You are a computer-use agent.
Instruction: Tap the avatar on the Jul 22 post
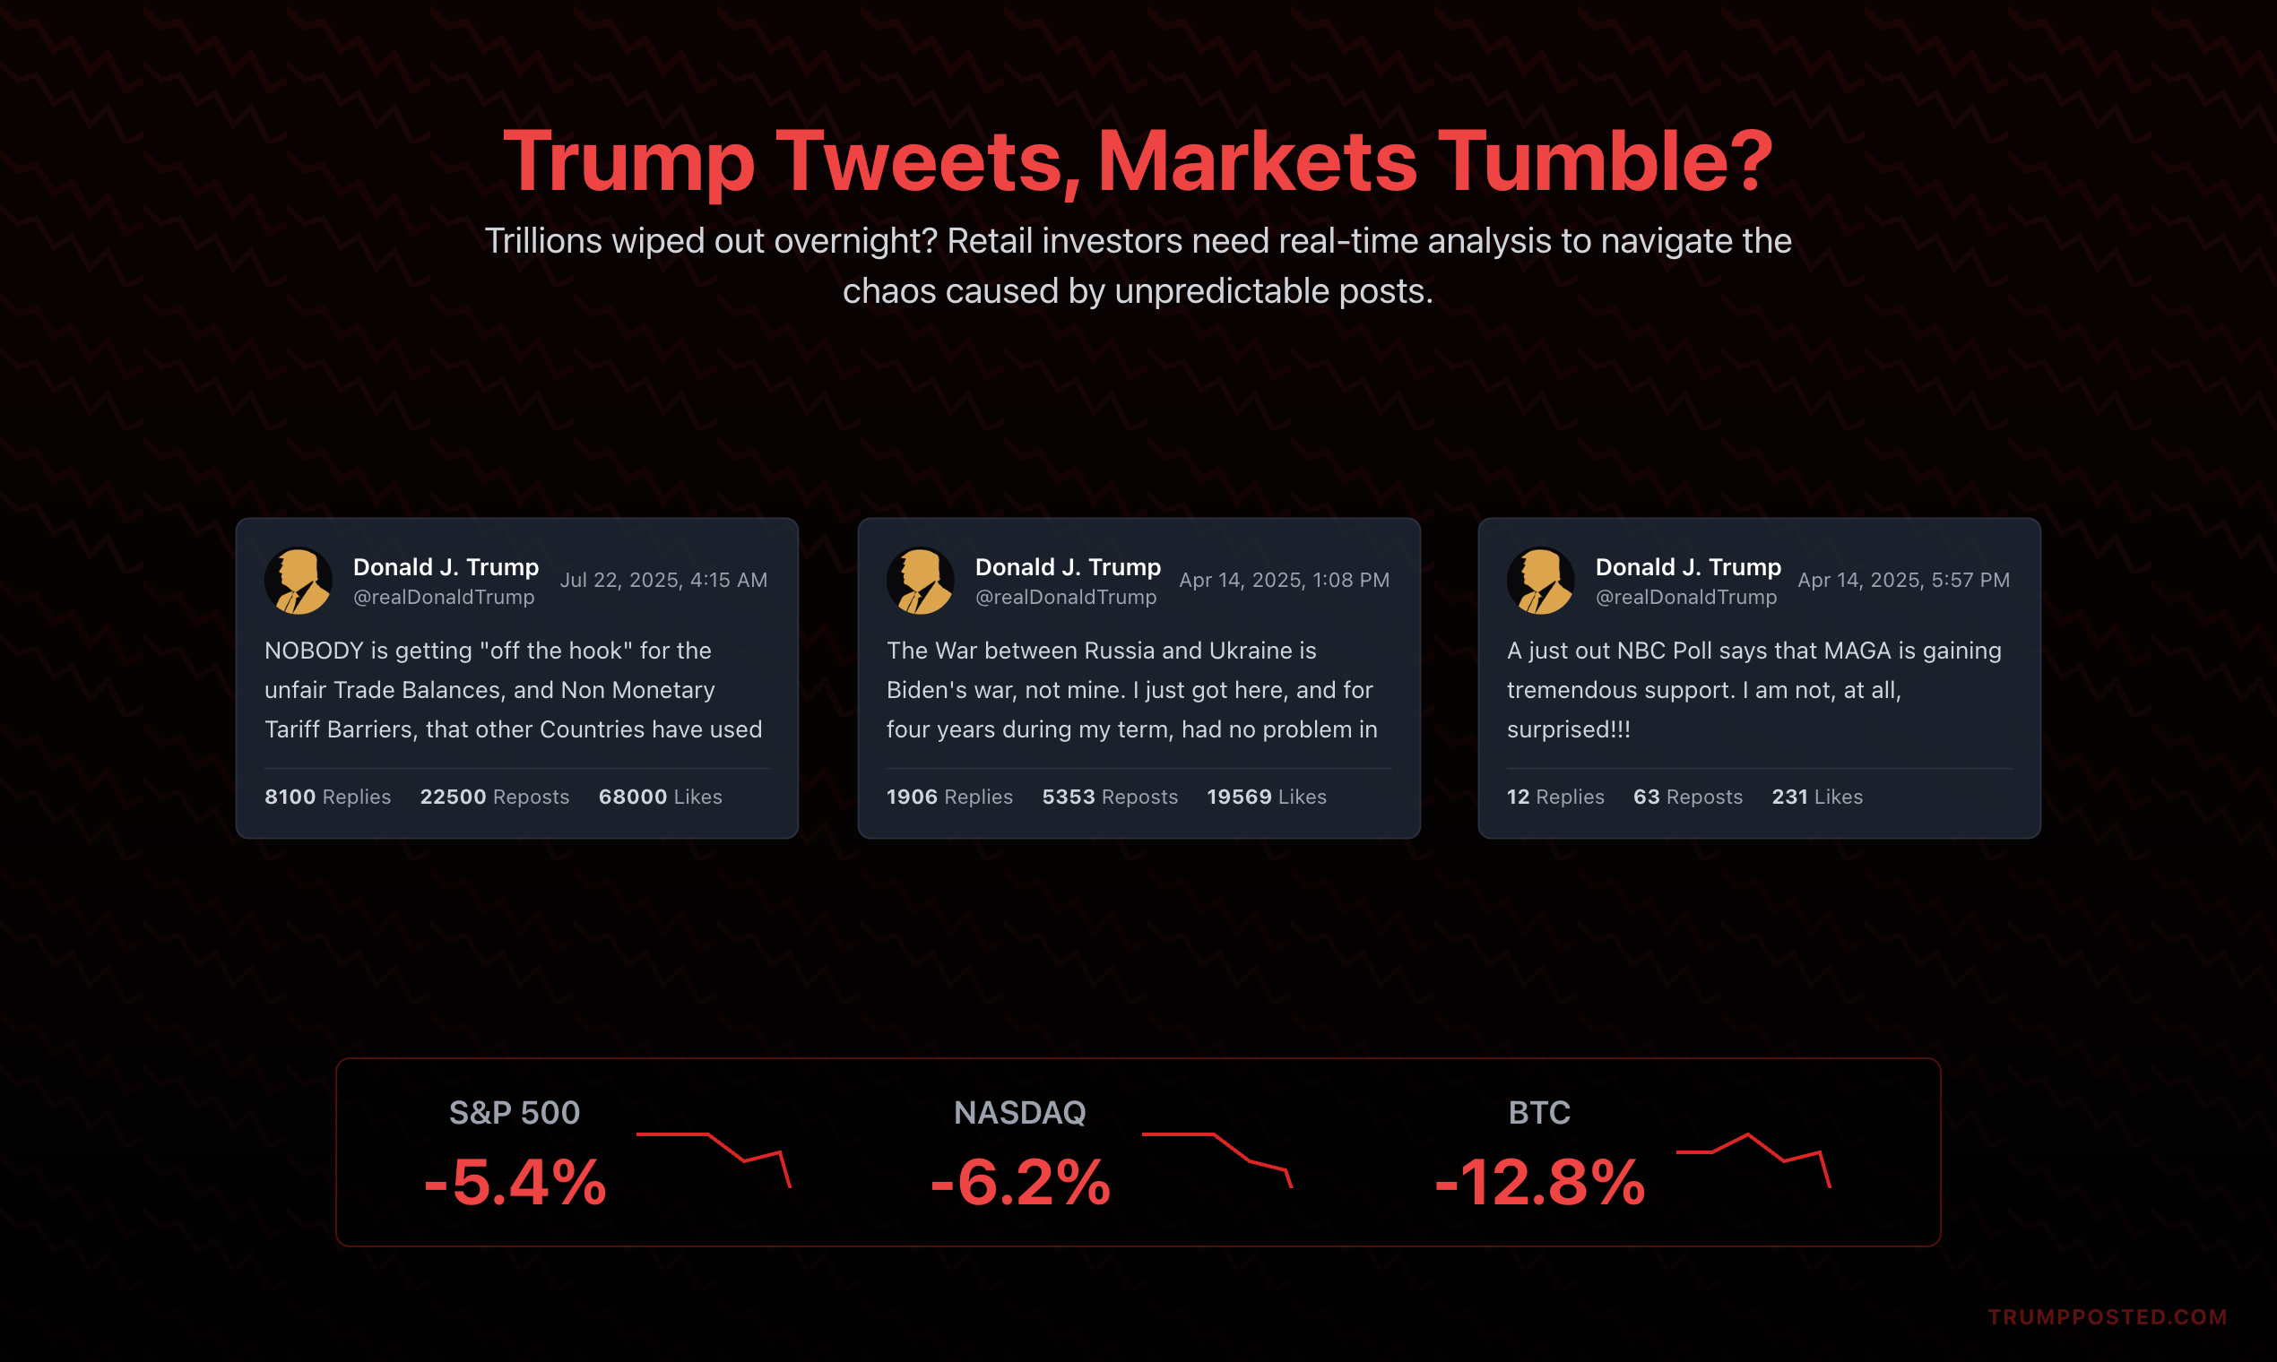click(299, 580)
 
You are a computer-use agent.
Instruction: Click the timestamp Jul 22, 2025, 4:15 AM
click(662, 580)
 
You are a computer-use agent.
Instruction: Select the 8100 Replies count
click(327, 797)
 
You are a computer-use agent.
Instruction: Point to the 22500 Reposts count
click(494, 797)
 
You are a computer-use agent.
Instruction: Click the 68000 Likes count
click(659, 797)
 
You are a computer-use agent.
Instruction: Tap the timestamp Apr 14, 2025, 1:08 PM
click(1284, 580)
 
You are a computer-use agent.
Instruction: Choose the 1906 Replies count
click(948, 797)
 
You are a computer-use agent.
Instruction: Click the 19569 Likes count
click(1266, 797)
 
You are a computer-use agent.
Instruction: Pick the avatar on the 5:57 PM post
click(1541, 580)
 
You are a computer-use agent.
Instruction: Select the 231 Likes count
click(1816, 797)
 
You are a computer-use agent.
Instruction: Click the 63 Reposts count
click(1687, 797)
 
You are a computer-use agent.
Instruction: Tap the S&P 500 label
click(515, 1112)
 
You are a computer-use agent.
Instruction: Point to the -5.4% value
click(515, 1182)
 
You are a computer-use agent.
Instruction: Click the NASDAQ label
click(1019, 1112)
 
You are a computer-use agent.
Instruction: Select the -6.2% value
click(1020, 1182)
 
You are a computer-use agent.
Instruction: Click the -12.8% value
click(1540, 1182)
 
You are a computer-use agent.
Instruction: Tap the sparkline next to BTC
click(1753, 1159)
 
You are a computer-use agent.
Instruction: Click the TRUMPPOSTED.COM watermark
click(2108, 1317)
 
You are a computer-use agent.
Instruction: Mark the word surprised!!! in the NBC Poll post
click(1568, 729)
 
